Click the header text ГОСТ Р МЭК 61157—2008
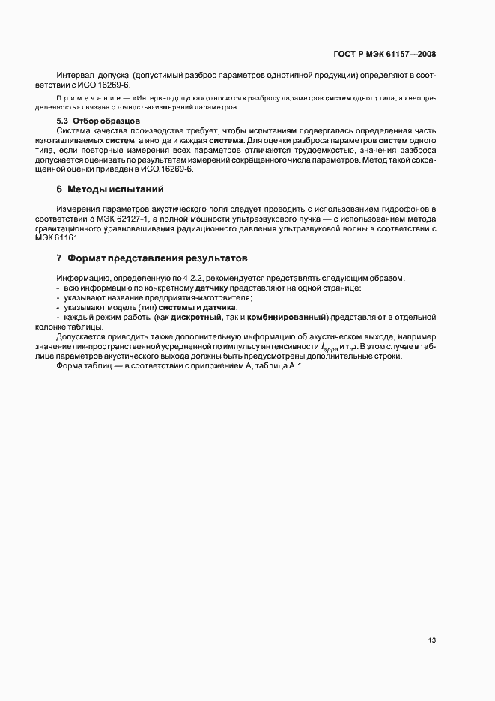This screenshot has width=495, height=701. [x=385, y=54]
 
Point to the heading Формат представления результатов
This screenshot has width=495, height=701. [x=157, y=258]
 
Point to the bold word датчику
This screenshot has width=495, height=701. [x=214, y=288]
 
